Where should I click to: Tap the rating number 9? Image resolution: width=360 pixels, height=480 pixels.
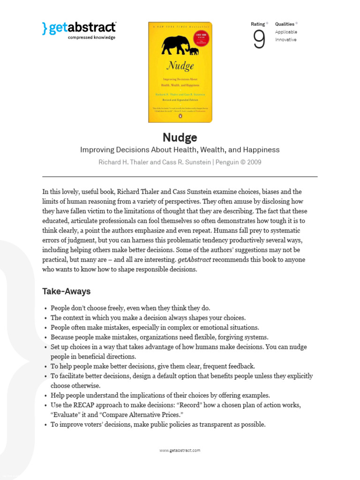[x=259, y=40]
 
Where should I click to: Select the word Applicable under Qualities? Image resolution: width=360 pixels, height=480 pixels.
[x=286, y=32]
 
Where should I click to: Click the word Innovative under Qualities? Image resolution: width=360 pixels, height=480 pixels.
[x=285, y=40]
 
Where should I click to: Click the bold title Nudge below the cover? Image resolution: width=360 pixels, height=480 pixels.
[x=180, y=137]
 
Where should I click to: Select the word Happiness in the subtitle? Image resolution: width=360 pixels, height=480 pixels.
[x=260, y=150]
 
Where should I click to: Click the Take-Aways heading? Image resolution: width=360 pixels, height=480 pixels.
[x=66, y=292]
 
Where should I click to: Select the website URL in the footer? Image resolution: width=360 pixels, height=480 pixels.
[x=180, y=450]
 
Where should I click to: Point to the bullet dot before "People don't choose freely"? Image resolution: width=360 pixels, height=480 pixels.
[x=45, y=308]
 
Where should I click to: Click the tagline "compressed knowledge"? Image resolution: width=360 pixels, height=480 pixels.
[x=91, y=37]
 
